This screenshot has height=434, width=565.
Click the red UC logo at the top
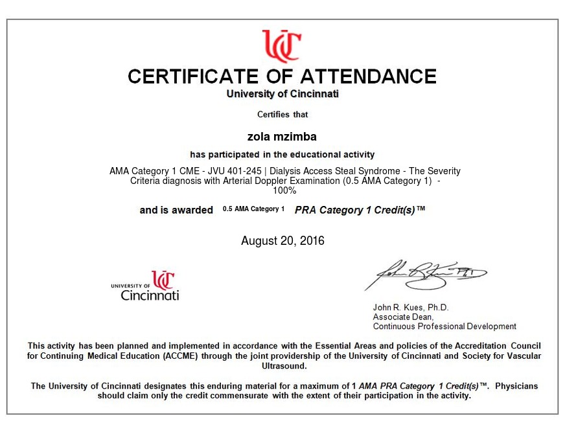click(281, 45)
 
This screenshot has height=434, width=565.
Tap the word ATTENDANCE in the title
click(367, 76)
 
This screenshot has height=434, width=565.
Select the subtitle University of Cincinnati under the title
click(282, 94)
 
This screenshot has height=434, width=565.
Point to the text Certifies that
click(282, 115)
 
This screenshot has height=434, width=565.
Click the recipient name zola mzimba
click(282, 137)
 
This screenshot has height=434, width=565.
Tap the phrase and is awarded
click(176, 210)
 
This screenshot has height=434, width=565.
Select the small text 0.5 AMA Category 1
click(253, 209)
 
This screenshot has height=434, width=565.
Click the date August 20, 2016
click(282, 241)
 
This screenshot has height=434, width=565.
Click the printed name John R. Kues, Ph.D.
click(410, 308)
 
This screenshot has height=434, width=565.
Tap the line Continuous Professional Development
click(444, 326)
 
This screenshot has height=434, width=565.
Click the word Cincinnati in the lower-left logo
click(150, 295)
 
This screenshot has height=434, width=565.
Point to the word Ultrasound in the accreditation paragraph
click(282, 365)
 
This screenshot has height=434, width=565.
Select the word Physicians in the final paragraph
click(516, 386)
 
